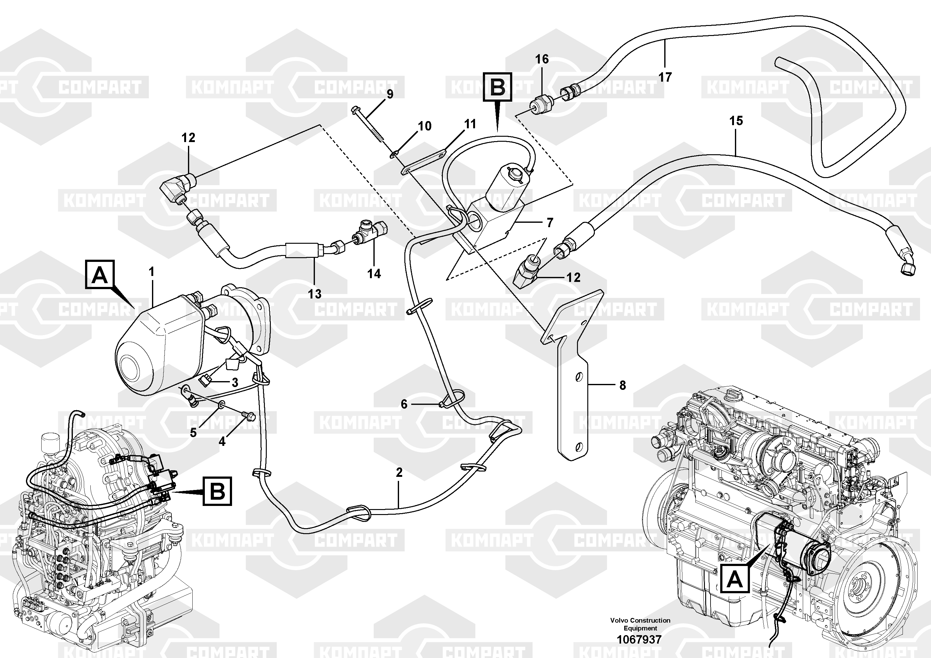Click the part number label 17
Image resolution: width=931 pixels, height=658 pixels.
tap(665, 77)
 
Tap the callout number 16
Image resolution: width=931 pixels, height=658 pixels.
tap(542, 59)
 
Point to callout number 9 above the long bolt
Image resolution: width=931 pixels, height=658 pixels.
tap(390, 94)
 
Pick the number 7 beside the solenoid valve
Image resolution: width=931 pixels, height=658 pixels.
tap(550, 222)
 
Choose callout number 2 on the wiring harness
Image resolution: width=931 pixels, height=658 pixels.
tap(399, 472)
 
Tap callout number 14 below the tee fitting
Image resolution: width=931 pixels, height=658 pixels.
tap(374, 274)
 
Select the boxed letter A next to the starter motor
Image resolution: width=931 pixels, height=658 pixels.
tap(100, 275)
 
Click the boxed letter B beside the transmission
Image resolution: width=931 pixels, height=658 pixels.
tap(217, 492)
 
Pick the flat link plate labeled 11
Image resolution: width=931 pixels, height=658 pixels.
tap(424, 162)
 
